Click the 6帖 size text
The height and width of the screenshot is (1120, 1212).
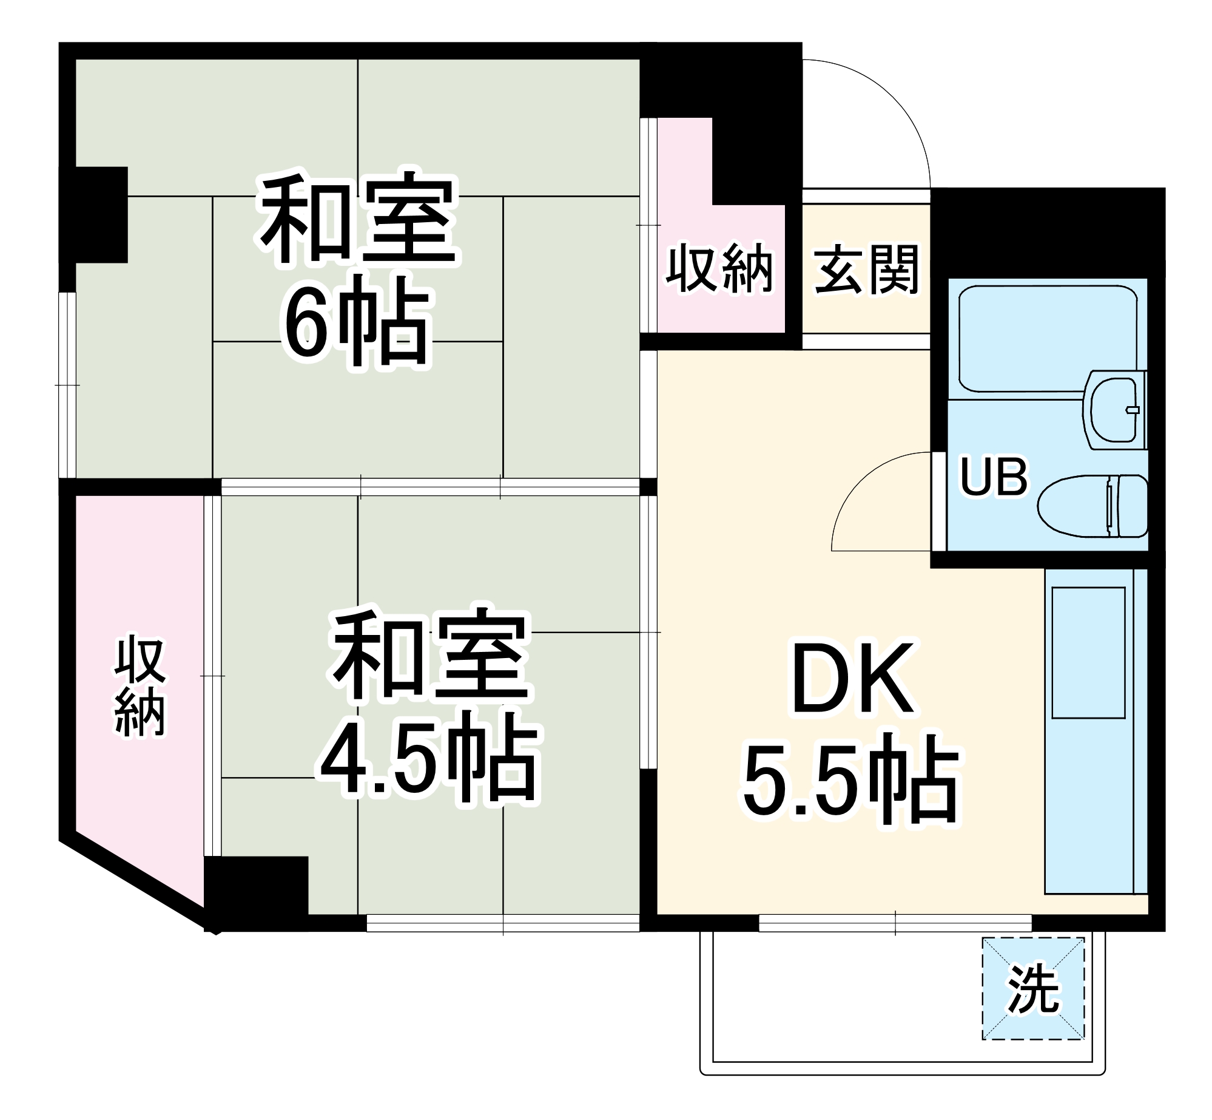357,322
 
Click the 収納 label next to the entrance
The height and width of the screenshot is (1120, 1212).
720,269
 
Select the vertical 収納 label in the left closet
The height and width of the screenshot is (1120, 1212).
140,687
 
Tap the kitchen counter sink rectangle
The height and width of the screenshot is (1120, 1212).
1088,653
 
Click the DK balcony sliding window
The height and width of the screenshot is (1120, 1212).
895,923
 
